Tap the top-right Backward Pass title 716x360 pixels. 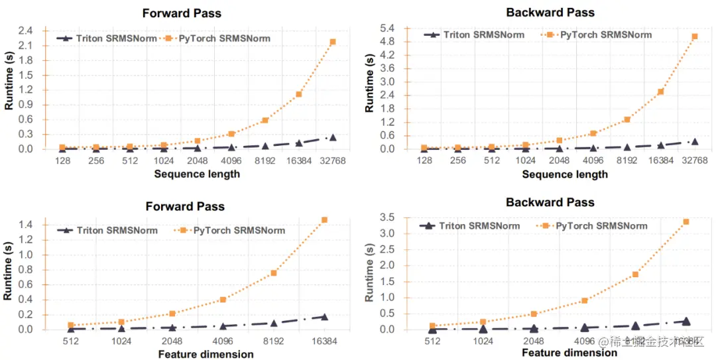coord(550,13)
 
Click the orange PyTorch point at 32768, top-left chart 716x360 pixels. coord(333,42)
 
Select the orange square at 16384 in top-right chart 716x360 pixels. coord(661,91)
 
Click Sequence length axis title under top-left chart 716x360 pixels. coord(197,174)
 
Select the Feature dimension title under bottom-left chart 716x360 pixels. coord(206,354)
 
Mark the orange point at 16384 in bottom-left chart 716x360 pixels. coord(324,219)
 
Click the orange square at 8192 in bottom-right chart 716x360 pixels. coord(635,274)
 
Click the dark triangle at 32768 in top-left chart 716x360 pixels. coord(333,138)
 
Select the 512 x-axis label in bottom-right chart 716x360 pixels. coord(432,341)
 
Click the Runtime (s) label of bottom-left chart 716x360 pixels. coord(9,273)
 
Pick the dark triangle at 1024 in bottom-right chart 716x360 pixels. coord(483,328)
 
